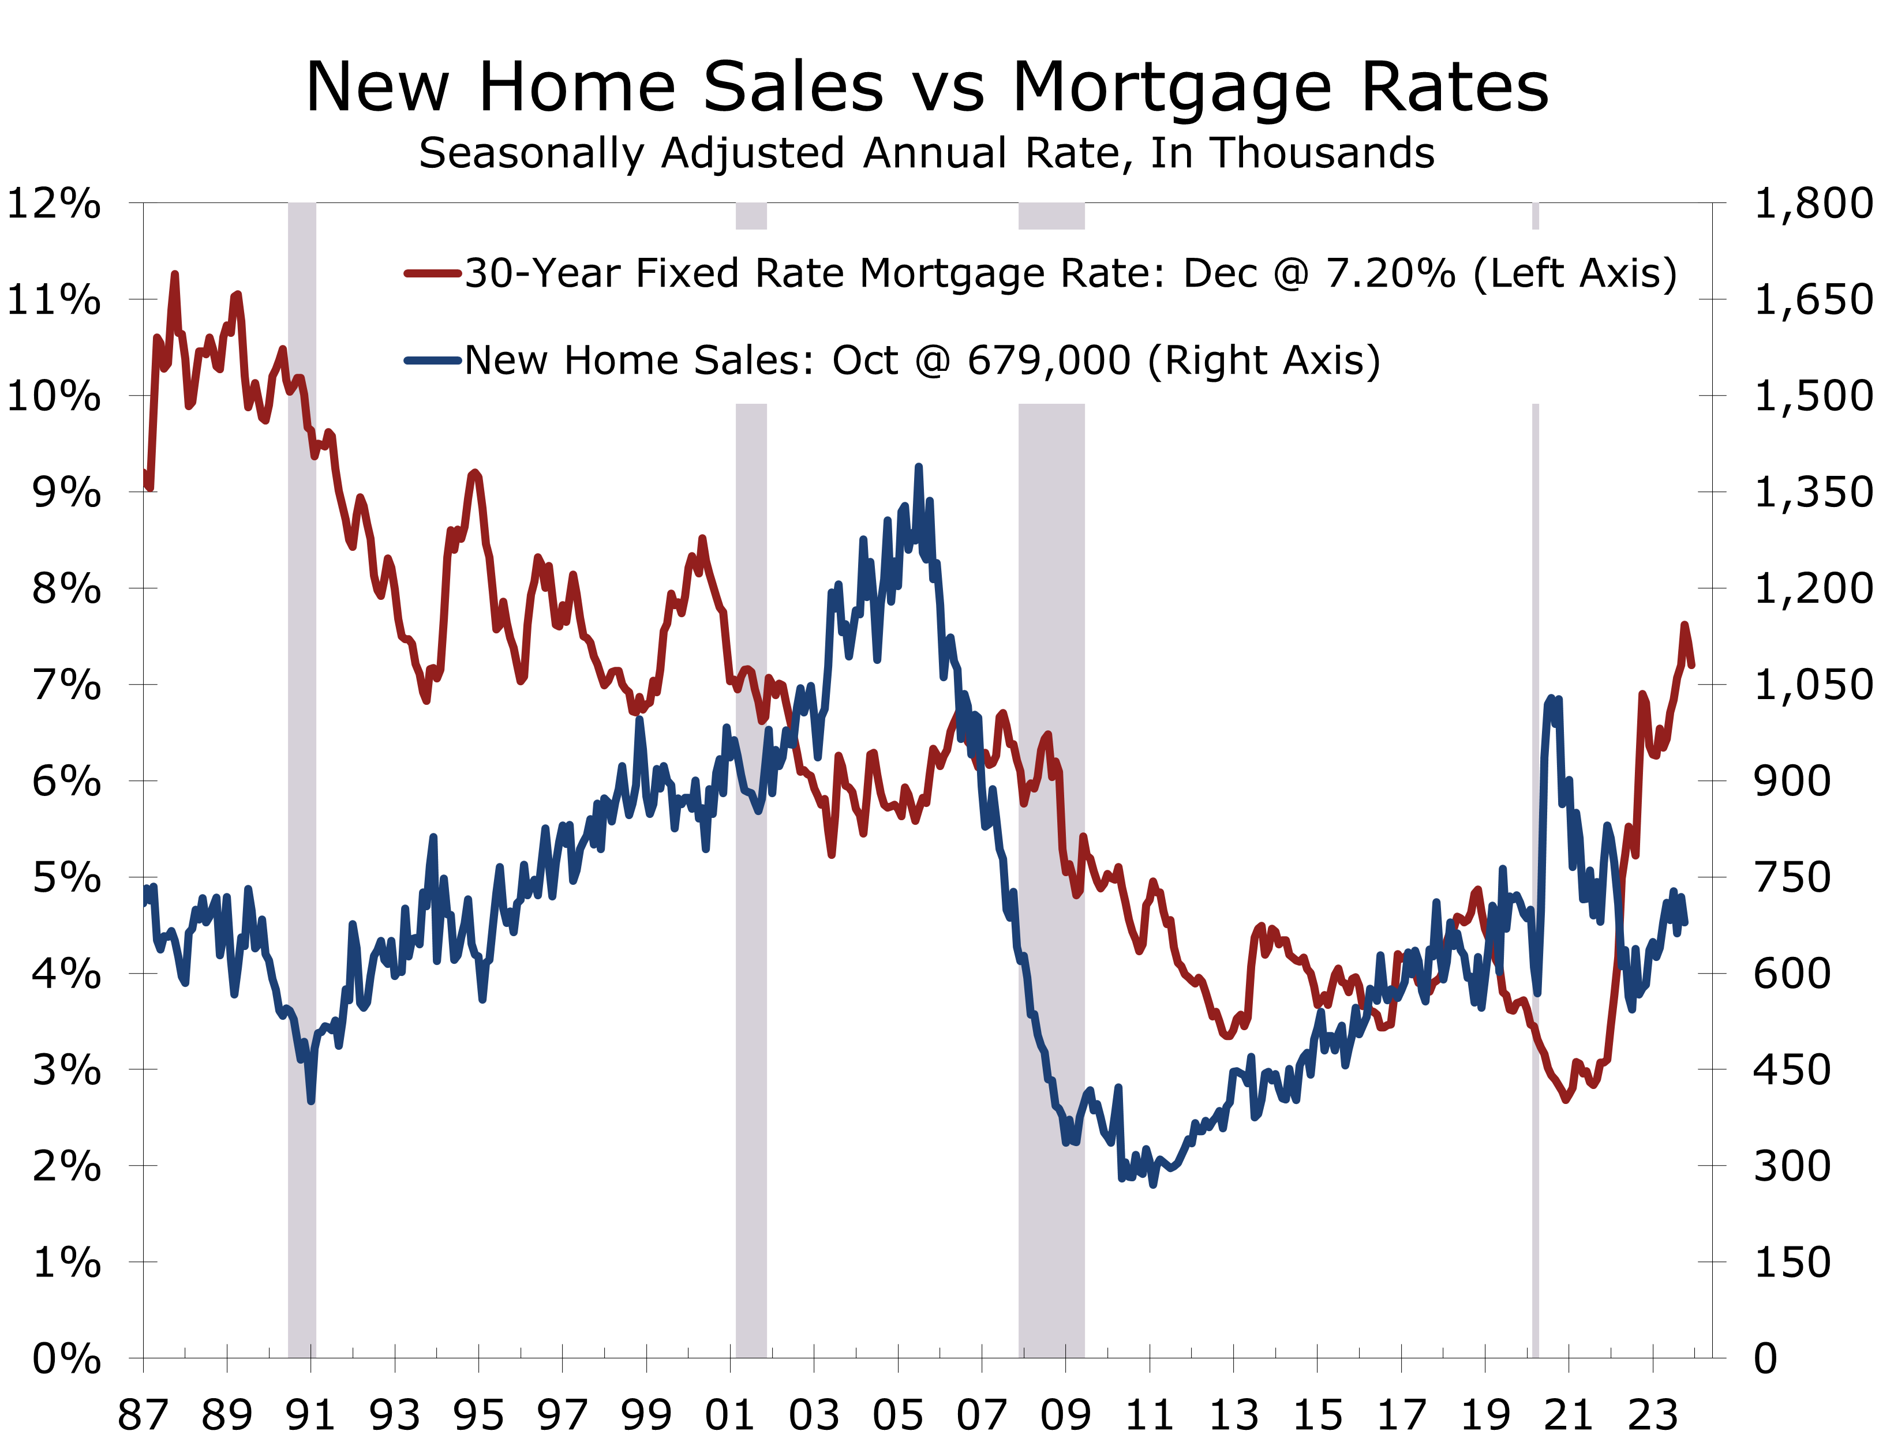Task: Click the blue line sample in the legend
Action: (x=433, y=360)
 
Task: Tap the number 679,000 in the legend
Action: (x=1049, y=360)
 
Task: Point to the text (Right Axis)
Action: (x=1263, y=360)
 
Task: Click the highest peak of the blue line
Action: (x=918, y=467)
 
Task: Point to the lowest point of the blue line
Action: (x=1152, y=1185)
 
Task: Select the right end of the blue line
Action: (x=1685, y=922)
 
